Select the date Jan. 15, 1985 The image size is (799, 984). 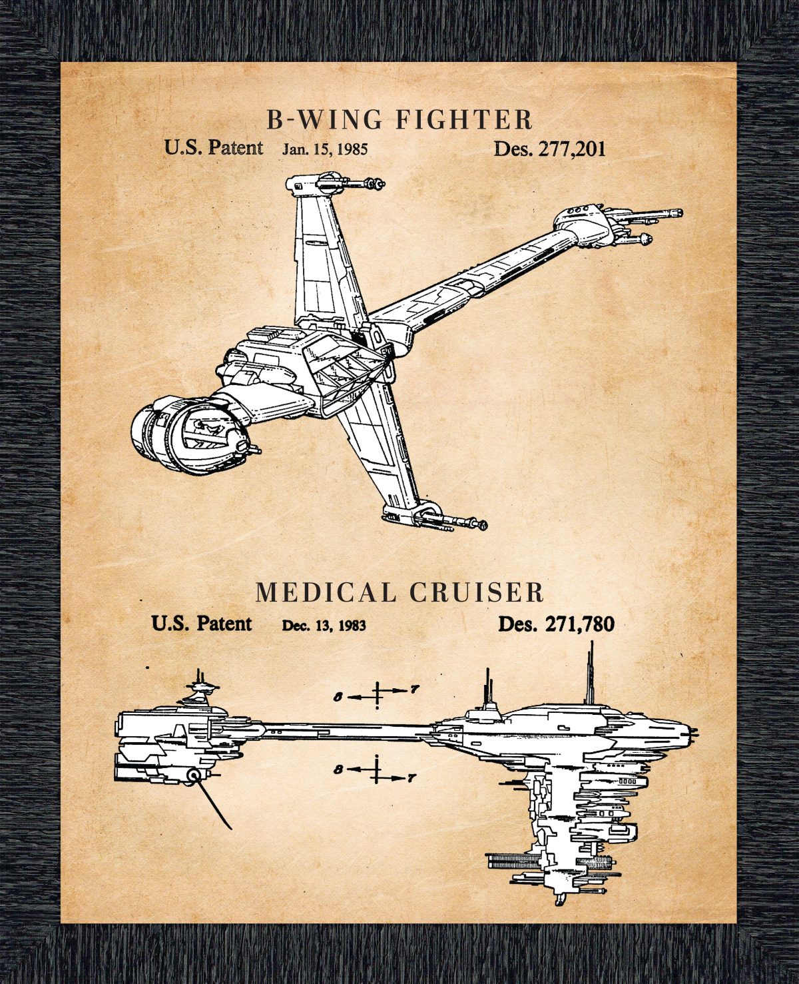tap(324, 149)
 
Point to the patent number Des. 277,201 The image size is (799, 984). tap(549, 149)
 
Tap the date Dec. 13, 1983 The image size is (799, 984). tap(324, 625)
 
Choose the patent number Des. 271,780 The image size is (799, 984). tap(556, 624)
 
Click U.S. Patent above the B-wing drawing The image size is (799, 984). tap(213, 147)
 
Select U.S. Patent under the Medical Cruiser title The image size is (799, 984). tap(201, 624)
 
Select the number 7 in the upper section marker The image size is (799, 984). tap(414, 690)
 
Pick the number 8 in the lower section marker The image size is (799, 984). tap(339, 769)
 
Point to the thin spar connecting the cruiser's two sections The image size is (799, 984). tap(340, 732)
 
